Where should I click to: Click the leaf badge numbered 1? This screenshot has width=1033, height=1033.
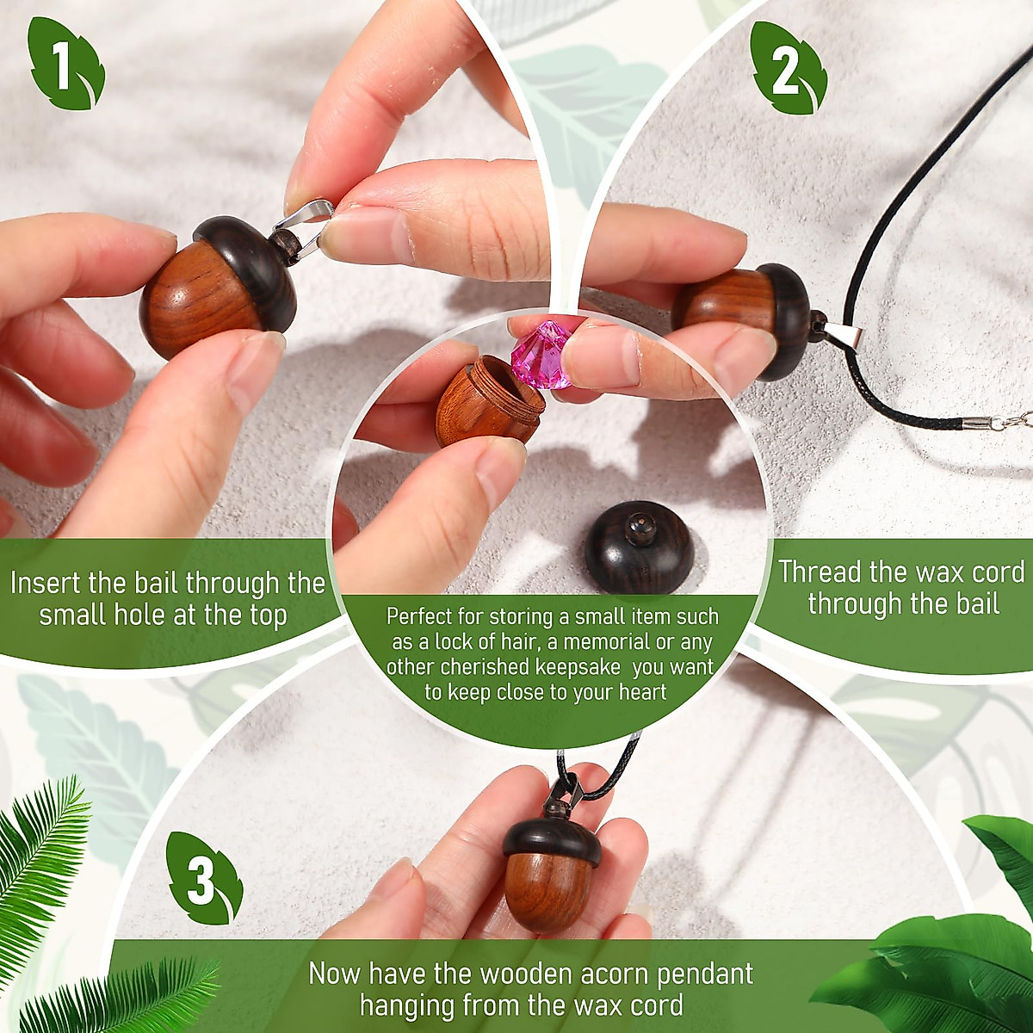coord(66,65)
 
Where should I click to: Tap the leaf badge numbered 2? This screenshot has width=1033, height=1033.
coord(787,69)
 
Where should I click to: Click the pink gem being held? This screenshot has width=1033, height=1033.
coord(542,353)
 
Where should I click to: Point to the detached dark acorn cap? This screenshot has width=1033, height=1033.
coord(637,547)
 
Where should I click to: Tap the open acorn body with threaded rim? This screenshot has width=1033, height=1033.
coord(486,403)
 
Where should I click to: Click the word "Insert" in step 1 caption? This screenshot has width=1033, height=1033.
coord(44,584)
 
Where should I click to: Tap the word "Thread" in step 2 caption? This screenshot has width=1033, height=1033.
coord(820,572)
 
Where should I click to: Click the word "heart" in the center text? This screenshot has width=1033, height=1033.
coord(642,692)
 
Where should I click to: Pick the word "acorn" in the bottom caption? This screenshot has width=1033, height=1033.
coord(603,974)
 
